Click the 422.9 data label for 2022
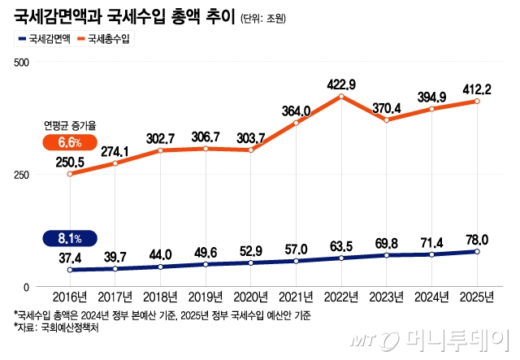tap(342, 84)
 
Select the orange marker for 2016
tap(70, 174)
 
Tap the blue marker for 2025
tap(477, 252)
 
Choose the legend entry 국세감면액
tap(43, 38)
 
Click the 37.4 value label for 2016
tap(70, 257)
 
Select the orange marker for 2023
tap(387, 120)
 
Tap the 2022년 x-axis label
tap(341, 298)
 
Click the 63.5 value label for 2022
tap(342, 245)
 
